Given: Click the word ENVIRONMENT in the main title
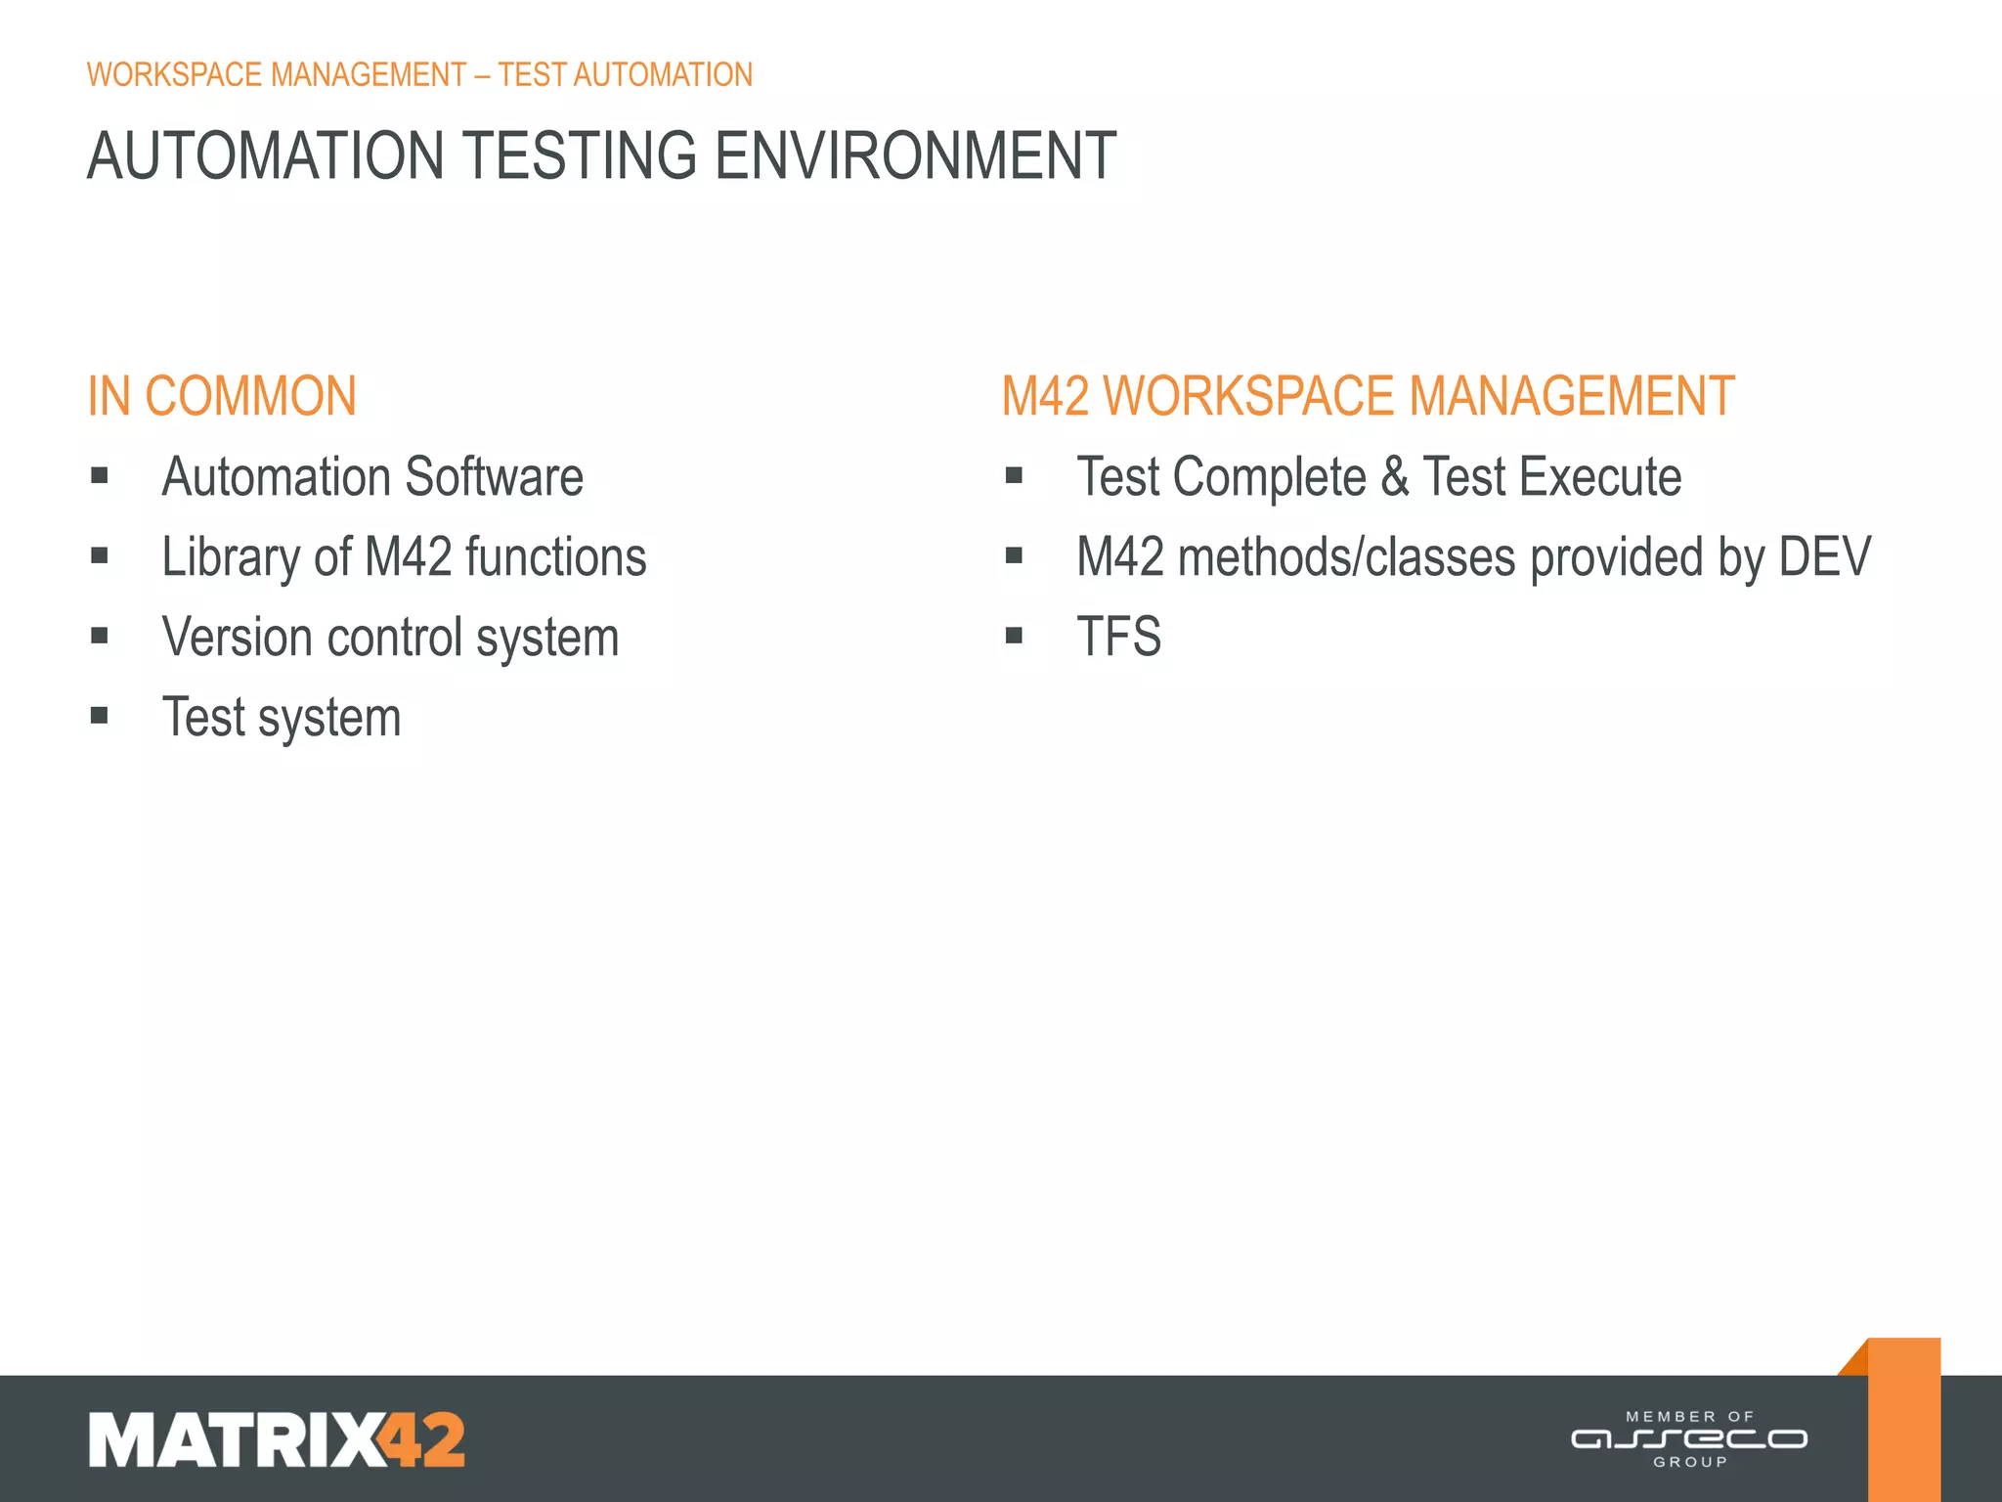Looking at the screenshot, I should pos(915,156).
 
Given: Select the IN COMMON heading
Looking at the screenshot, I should pos(222,397).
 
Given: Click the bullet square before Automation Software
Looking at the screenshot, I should pos(100,476).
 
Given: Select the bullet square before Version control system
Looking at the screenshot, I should pos(100,637).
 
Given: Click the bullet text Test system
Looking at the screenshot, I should pos(282,718).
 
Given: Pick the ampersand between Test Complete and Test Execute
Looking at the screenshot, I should pos(1395,477).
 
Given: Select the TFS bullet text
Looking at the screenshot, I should pos(1118,638).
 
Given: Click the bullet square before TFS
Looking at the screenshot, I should pos(1014,637).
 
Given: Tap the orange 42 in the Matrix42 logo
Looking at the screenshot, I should pos(422,1439).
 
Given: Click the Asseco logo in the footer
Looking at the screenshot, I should pos(1688,1439).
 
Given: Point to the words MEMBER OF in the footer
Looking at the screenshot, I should pos(1689,1416).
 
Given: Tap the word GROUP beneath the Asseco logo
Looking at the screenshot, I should pos(1690,1462).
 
